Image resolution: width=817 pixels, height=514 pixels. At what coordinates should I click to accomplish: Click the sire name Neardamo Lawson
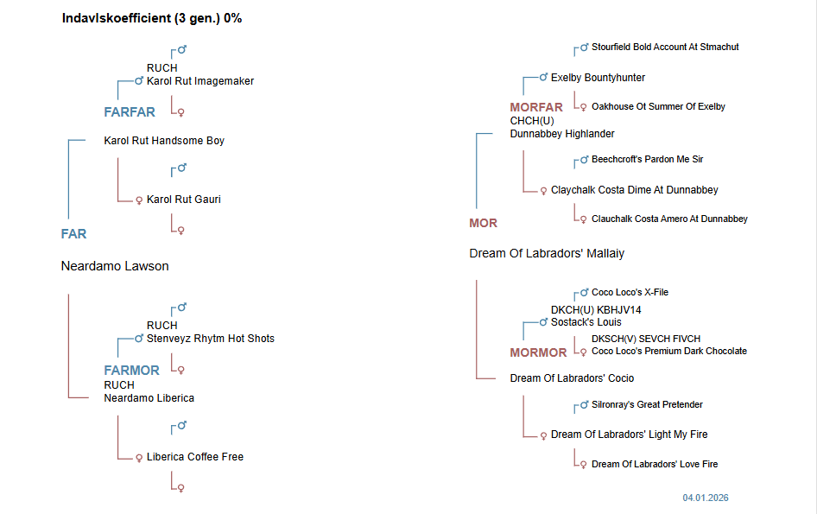[x=115, y=266]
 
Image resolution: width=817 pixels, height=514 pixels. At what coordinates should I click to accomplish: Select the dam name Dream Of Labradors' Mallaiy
[x=547, y=253]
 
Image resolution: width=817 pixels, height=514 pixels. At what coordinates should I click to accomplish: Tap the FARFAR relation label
[x=130, y=111]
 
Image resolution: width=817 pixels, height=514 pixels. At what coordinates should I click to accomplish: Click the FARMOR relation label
[x=132, y=370]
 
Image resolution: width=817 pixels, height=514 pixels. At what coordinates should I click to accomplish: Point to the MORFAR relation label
[x=536, y=107]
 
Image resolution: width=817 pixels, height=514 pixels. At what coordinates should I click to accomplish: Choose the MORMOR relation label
[x=538, y=352]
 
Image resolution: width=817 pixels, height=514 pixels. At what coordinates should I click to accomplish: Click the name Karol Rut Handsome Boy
[x=164, y=140]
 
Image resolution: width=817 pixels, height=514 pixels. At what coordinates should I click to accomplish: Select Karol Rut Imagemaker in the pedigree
[x=200, y=81]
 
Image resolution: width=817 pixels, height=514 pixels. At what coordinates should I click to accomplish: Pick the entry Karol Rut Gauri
[x=184, y=200]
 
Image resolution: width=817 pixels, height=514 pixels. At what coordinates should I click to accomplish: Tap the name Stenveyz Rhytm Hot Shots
[x=211, y=339]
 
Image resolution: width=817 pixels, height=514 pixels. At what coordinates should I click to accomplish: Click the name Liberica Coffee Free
[x=195, y=457]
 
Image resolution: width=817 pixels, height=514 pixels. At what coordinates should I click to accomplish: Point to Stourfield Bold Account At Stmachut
[x=665, y=47]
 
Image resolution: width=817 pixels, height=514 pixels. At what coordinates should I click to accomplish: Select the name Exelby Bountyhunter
[x=598, y=78]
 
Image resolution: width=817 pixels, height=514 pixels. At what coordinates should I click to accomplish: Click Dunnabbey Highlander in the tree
[x=562, y=134]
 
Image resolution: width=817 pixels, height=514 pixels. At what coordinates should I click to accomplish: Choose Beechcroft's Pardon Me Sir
[x=648, y=160]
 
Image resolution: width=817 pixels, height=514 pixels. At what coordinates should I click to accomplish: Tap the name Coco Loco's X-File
[x=630, y=293]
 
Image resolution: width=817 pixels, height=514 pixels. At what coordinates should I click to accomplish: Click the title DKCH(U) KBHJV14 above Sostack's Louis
[x=596, y=309]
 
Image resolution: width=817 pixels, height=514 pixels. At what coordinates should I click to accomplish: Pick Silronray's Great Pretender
[x=647, y=404]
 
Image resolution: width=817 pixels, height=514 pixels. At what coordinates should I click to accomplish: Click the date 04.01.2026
[x=706, y=498]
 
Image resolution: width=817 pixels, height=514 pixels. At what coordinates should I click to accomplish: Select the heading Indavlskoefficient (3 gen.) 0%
[x=152, y=18]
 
